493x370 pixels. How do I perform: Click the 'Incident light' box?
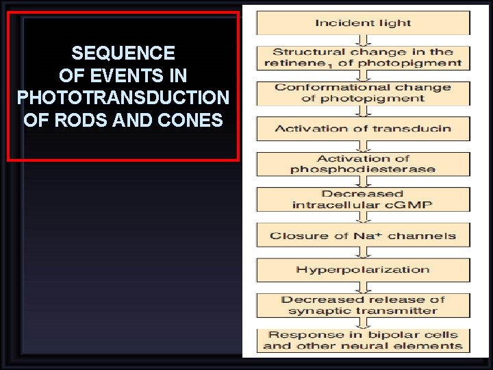[x=363, y=23]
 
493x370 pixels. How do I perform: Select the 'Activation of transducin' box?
[x=363, y=128]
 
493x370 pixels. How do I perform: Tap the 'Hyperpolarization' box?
[x=363, y=269]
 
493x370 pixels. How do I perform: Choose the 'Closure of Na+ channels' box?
[x=363, y=236]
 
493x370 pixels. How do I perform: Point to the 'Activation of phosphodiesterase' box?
[x=363, y=164]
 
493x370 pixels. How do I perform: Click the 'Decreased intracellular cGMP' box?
[x=363, y=199]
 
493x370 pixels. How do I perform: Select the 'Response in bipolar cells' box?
[x=363, y=341]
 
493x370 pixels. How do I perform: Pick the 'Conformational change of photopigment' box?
[x=363, y=93]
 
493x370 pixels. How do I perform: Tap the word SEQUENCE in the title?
[x=123, y=53]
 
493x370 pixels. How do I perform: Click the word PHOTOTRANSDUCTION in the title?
[x=123, y=98]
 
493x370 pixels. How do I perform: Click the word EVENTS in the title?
[x=123, y=75]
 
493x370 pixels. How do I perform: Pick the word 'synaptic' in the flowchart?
[x=315, y=310]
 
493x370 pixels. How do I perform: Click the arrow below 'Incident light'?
[x=363, y=40]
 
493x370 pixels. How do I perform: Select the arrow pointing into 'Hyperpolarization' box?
[x=363, y=253]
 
